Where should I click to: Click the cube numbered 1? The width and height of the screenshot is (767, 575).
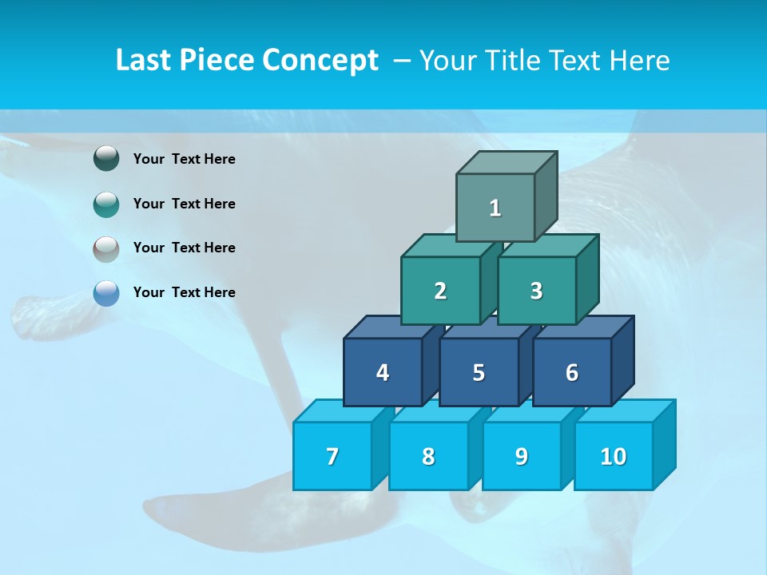[495, 208]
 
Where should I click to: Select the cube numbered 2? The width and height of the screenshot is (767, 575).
[440, 291]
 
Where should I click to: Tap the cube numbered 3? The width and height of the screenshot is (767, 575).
[536, 291]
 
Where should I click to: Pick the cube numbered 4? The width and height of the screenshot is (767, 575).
[383, 372]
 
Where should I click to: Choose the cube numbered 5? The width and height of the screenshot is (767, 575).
[479, 372]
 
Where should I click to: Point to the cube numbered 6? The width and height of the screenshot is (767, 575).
[572, 372]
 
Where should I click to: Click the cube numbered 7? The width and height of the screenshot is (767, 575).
[332, 456]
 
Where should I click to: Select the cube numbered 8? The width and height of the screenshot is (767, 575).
[428, 456]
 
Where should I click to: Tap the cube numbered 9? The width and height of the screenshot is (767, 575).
[521, 456]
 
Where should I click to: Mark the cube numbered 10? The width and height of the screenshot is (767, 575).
[614, 456]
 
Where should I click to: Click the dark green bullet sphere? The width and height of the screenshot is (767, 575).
[106, 159]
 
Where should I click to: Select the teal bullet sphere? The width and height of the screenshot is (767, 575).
[106, 204]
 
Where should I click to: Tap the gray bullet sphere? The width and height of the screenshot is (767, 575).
[106, 248]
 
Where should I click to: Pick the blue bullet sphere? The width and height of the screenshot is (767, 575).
[106, 292]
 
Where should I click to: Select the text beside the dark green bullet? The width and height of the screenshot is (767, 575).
[185, 159]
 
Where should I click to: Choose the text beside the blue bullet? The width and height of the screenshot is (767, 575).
[185, 292]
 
